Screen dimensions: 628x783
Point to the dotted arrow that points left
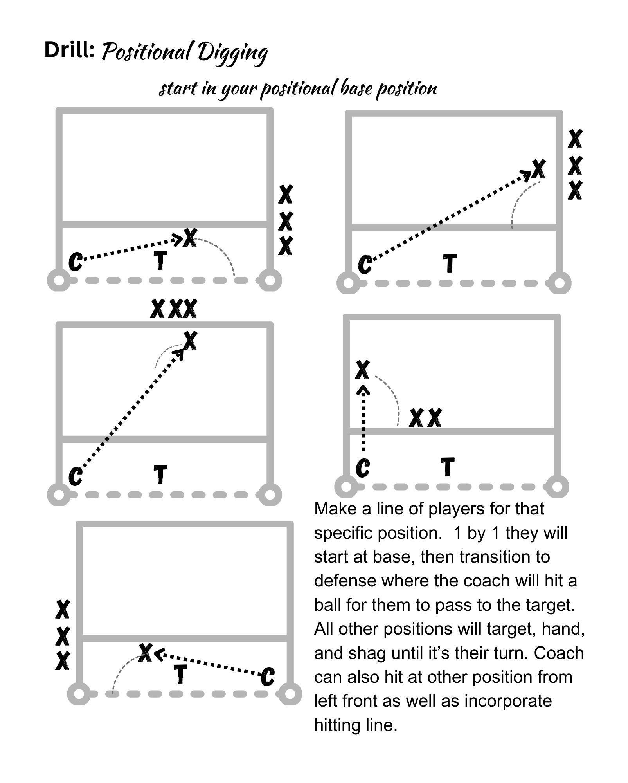tap(209, 664)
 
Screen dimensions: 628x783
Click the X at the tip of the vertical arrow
tap(362, 370)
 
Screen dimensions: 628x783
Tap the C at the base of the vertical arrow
tap(363, 468)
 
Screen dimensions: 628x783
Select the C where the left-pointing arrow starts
tap(268, 677)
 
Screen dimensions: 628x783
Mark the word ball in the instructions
tap(327, 605)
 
